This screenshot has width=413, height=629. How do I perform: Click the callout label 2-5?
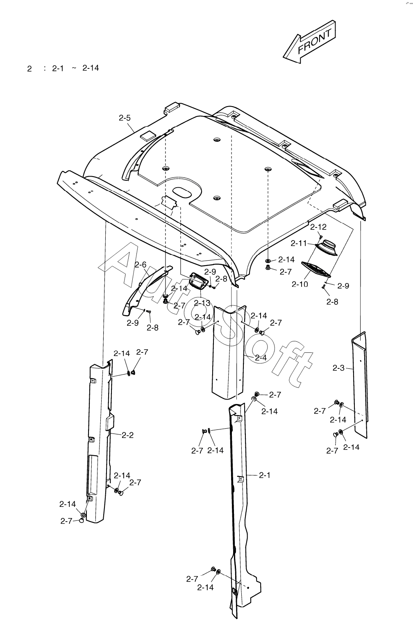click(x=125, y=118)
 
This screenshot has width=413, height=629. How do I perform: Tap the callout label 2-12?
click(x=318, y=227)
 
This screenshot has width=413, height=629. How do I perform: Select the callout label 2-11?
click(x=298, y=243)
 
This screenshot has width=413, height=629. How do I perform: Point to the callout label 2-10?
click(x=300, y=284)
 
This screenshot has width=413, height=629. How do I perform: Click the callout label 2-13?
click(x=202, y=303)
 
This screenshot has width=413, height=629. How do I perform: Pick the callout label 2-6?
click(x=141, y=265)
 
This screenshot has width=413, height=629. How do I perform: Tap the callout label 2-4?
click(x=261, y=358)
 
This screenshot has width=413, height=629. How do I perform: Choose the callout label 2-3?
click(x=338, y=368)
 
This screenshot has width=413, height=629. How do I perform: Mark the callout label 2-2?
click(x=127, y=435)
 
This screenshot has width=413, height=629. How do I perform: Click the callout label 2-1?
click(x=265, y=475)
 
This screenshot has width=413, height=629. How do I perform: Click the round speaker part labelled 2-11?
click(x=327, y=248)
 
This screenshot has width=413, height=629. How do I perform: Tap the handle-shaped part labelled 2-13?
click(x=198, y=280)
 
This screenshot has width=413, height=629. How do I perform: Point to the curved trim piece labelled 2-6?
click(x=147, y=291)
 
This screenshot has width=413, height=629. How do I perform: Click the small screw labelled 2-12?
click(x=320, y=238)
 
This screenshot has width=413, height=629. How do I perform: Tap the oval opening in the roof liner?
click(x=182, y=192)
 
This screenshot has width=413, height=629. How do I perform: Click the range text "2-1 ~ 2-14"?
click(x=75, y=68)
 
